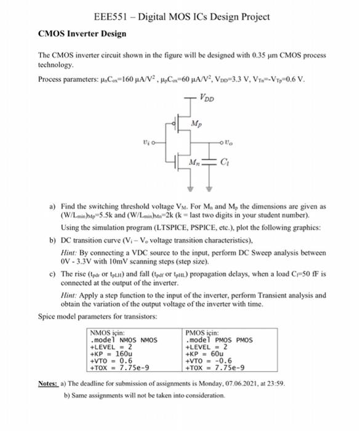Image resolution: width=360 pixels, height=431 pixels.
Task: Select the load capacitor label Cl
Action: pos(223,163)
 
